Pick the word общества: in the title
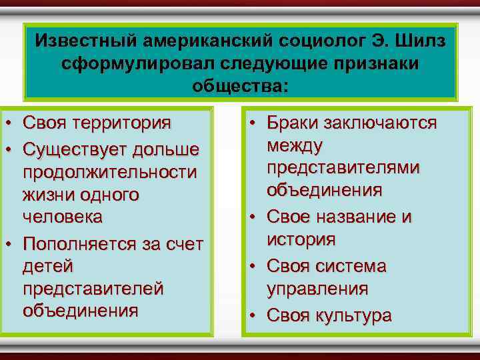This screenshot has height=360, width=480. pos(241,86)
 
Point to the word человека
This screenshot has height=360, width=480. pos(63,217)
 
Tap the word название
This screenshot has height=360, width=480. pos(359,217)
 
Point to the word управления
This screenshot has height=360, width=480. pos(317,289)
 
